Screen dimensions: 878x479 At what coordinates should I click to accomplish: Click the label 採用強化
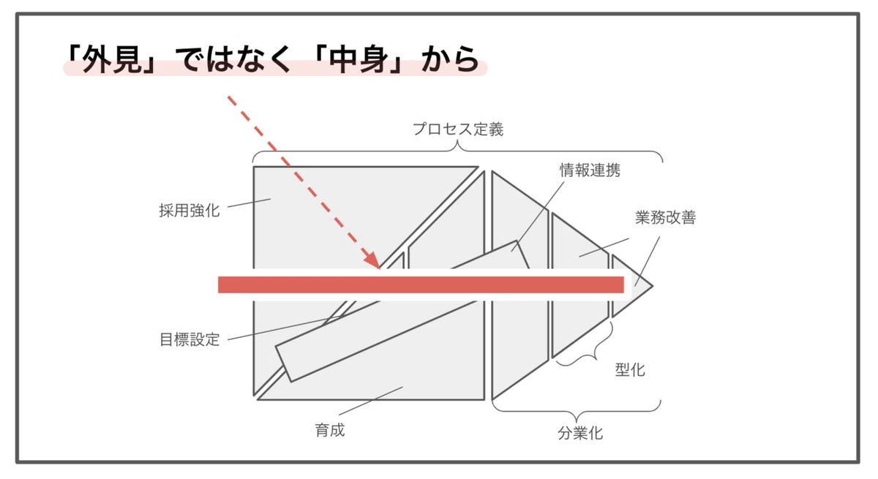tap(190, 211)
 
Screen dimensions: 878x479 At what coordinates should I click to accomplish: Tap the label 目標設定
tap(190, 339)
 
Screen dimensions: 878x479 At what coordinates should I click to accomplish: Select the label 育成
tap(330, 430)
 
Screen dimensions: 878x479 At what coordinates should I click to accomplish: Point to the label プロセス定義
tap(458, 129)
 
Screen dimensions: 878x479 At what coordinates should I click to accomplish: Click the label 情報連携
tap(590, 170)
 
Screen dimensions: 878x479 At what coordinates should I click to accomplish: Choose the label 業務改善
tap(666, 217)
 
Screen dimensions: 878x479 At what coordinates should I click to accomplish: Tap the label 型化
tap(630, 369)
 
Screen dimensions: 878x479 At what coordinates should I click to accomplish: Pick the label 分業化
tap(580, 433)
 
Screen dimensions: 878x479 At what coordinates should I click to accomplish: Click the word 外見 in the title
tap(112, 59)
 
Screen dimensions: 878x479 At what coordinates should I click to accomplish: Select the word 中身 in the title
tap(359, 59)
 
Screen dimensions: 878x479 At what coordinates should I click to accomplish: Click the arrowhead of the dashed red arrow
tap(372, 260)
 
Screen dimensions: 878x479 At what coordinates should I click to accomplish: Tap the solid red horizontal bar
tap(421, 284)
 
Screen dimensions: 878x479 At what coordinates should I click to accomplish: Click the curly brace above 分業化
tap(577, 411)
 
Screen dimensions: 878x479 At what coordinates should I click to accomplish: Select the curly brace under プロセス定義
tap(458, 151)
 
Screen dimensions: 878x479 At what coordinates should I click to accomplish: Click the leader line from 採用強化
tap(249, 203)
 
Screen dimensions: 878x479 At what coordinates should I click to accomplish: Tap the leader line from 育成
tap(371, 401)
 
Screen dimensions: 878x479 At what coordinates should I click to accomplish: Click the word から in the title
tap(451, 59)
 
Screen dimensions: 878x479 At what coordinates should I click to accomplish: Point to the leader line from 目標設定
tap(284, 328)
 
